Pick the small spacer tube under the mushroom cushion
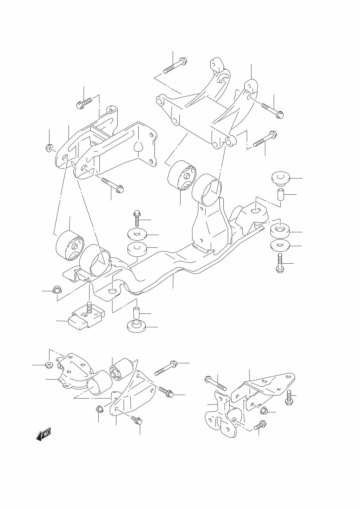[280, 195]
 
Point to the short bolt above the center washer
[136, 218]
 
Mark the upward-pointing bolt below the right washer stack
[280, 263]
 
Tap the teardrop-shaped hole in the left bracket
[138, 147]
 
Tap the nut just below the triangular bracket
[263, 412]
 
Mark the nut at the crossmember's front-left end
[57, 290]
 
